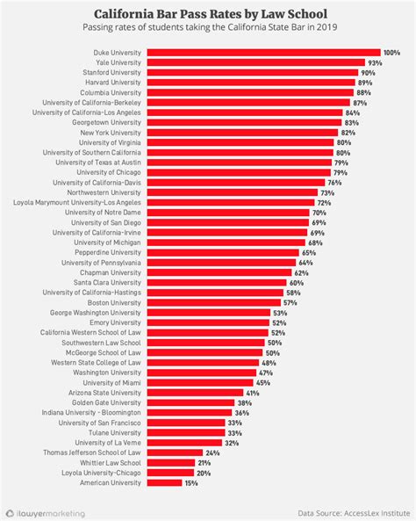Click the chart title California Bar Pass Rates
point(208,15)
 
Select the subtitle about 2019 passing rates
point(208,30)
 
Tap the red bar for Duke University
point(263,53)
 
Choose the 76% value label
point(334,182)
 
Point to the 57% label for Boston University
point(290,303)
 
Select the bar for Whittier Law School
point(171,462)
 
